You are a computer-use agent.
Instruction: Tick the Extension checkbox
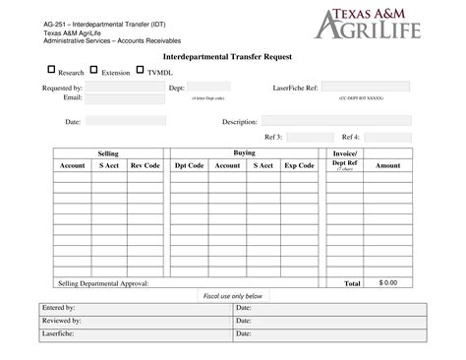93,70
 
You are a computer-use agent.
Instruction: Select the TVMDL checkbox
141,70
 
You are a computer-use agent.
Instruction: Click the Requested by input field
123,88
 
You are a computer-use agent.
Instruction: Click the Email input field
123,98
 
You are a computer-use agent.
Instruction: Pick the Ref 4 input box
388,137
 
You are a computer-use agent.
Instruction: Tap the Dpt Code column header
189,165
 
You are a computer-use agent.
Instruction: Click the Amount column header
387,165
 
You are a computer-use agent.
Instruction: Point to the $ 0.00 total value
387,282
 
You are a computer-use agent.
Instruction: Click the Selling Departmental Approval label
103,282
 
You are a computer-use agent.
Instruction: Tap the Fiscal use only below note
232,295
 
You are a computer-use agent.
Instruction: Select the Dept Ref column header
344,165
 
